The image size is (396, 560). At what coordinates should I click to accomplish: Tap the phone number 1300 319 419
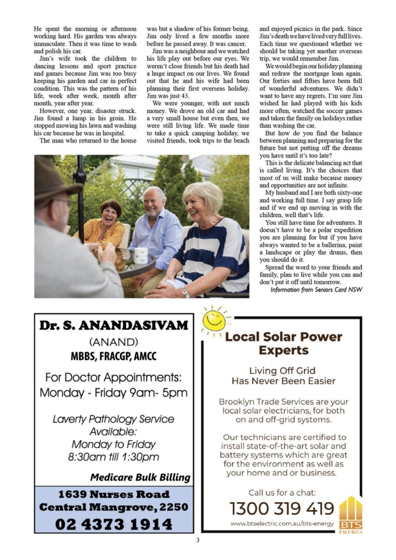coord(281,508)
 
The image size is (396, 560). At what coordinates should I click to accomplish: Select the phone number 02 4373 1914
coord(114,524)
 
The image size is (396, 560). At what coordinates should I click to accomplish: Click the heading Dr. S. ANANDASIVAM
coord(114,326)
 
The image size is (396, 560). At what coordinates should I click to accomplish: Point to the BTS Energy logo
coord(350,515)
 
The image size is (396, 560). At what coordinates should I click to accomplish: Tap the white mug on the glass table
coord(141,255)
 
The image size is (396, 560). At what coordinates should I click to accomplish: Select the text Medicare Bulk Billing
coord(140,477)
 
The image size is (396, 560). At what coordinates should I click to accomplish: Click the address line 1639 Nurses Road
coord(114,494)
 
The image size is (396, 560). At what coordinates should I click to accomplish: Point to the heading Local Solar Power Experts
coord(284,343)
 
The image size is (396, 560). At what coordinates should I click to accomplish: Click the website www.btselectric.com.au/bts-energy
coord(281,524)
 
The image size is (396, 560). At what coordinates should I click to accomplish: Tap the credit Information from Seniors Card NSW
coord(316,289)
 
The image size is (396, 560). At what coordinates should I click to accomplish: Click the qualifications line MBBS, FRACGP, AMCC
coord(114,357)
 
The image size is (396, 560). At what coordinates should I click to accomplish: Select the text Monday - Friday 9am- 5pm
coord(114,393)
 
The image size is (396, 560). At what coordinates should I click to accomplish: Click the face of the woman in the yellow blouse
coord(111,212)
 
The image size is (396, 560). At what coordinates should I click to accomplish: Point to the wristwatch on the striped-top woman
coord(185,291)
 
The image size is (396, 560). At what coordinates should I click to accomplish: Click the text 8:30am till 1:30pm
coord(114,457)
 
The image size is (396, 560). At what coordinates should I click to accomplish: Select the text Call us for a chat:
coord(281,493)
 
